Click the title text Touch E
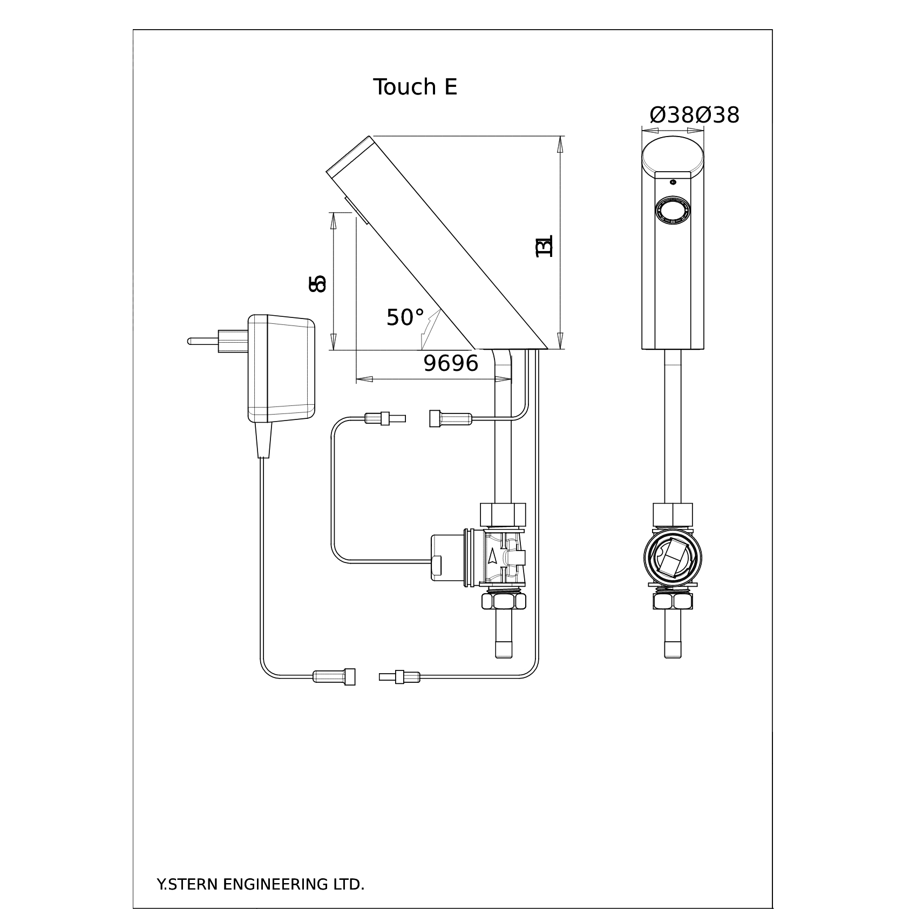[x=415, y=87]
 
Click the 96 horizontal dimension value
[x=451, y=364]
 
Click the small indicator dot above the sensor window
[x=673, y=182]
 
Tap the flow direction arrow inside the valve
[x=492, y=557]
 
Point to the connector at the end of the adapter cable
[x=335, y=676]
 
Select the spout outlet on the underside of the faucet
[x=357, y=211]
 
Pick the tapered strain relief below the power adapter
[x=263, y=439]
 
